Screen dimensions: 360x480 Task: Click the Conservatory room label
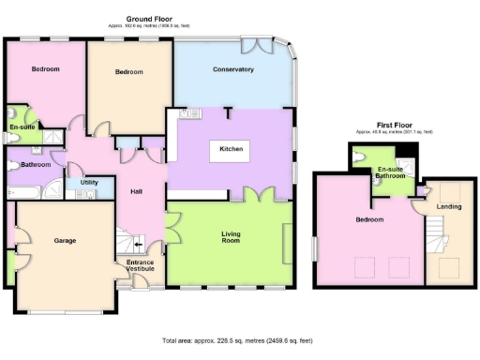[233, 69]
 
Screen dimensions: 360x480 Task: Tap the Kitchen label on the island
[232, 150]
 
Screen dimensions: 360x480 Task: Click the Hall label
[136, 192]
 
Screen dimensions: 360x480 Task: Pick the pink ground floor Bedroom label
[45, 69]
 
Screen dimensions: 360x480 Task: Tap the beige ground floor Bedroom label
[128, 72]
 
